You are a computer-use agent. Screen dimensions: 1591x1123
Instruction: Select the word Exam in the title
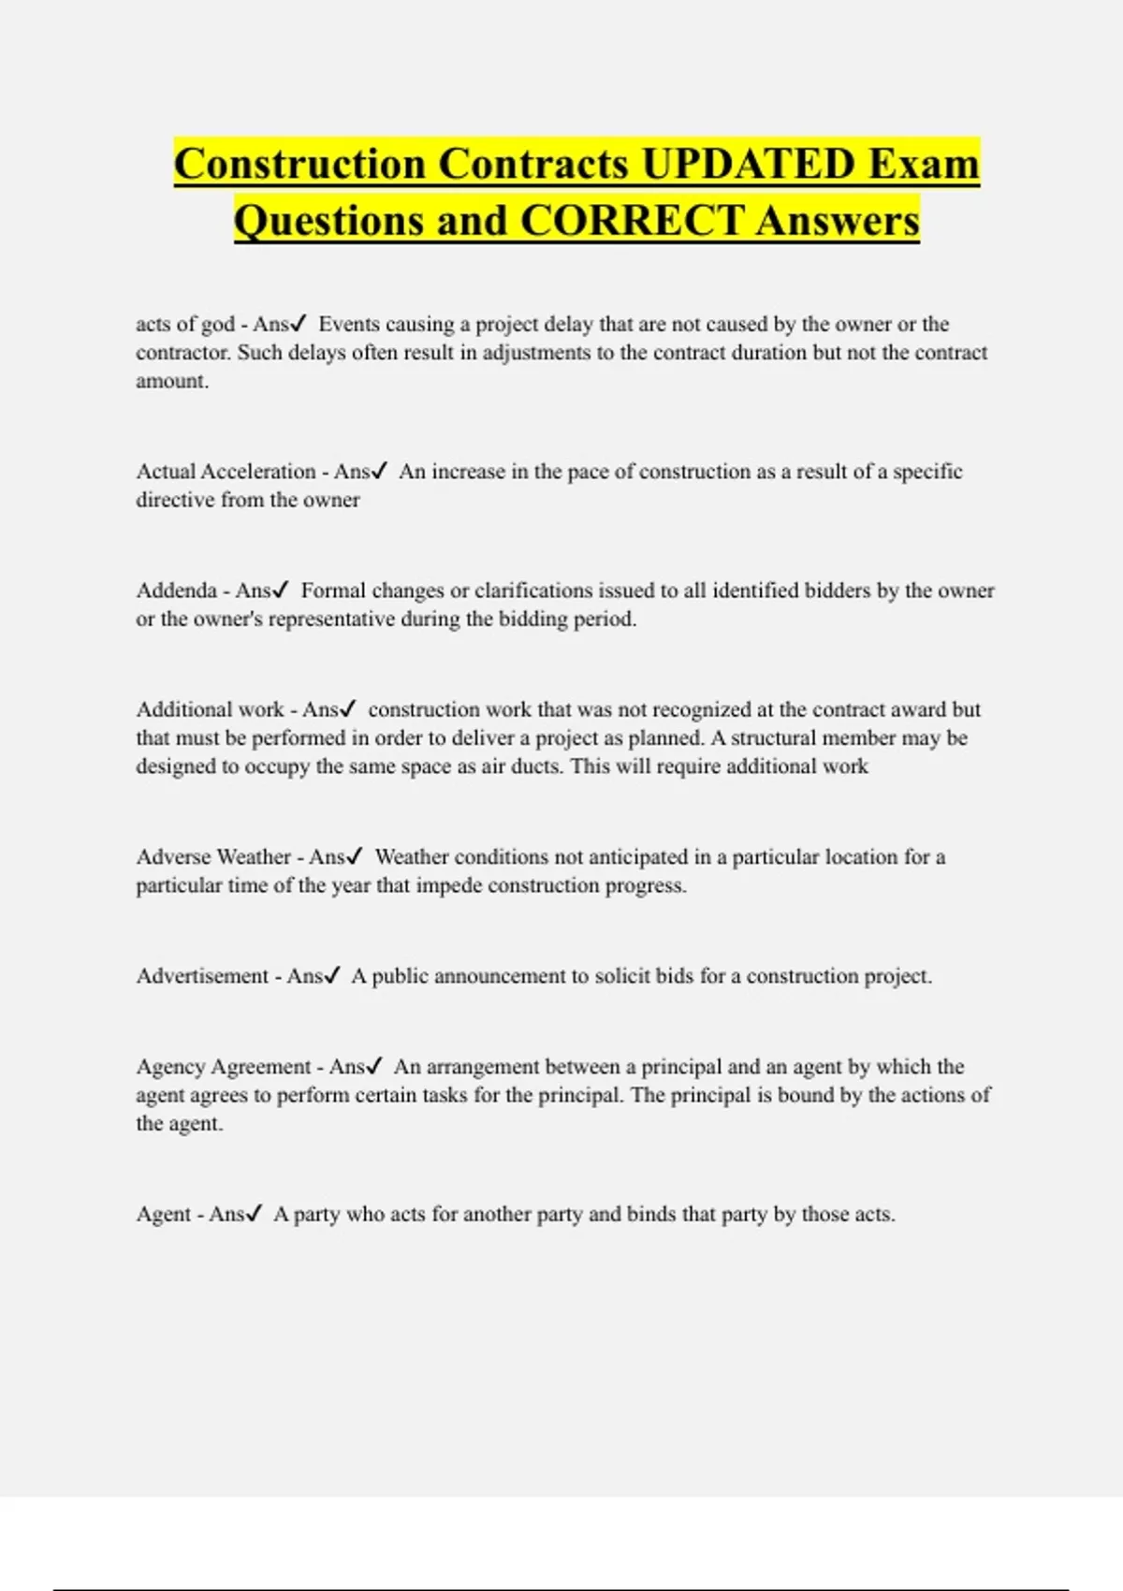point(924,164)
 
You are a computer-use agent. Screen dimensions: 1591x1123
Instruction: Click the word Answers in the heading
point(838,222)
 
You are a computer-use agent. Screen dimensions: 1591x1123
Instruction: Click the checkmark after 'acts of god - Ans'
point(299,325)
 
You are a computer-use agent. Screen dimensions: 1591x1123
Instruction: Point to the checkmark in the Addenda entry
point(281,591)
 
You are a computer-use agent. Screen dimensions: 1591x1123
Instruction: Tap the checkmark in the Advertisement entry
point(331,976)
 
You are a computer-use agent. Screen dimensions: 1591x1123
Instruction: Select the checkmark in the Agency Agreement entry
point(374,1067)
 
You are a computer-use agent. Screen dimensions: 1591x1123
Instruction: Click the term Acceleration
point(258,472)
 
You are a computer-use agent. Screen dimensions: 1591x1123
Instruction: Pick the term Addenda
point(176,591)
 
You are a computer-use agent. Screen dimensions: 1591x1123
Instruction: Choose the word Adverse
point(173,857)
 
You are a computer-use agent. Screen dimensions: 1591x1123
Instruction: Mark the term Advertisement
point(202,976)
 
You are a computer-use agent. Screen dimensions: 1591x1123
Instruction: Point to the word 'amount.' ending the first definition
point(172,382)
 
